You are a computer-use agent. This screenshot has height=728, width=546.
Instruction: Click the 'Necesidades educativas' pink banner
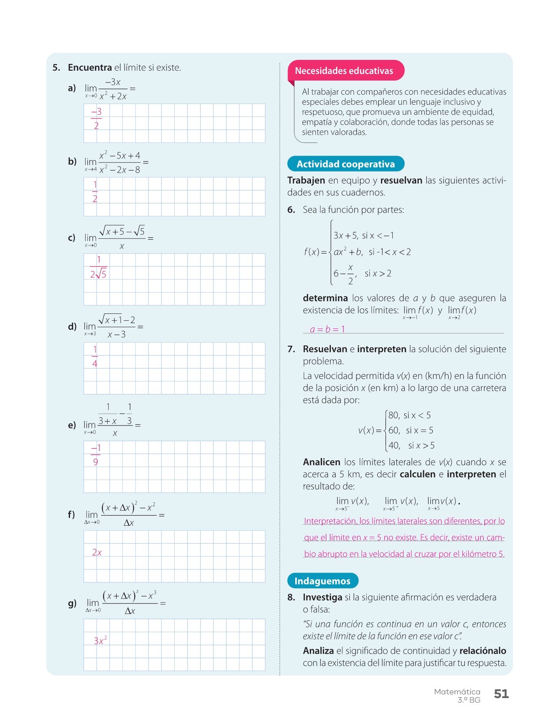point(344,71)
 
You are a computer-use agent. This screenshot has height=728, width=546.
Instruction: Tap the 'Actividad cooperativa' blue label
point(345,164)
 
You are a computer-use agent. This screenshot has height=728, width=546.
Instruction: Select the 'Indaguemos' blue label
point(322,581)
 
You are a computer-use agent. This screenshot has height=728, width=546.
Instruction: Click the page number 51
point(501,694)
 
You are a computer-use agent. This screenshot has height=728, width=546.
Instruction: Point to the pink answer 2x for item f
point(97,552)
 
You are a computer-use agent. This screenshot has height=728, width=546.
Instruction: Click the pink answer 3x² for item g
point(100,641)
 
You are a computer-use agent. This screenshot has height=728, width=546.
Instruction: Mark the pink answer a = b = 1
point(327,329)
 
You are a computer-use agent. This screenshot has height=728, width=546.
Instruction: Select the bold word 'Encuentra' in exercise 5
point(90,68)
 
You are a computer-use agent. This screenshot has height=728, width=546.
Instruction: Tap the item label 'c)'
point(72,238)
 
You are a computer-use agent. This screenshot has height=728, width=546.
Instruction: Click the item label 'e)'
point(72,425)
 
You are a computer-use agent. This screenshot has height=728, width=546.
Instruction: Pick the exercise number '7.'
point(291,349)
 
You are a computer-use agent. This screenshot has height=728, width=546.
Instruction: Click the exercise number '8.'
point(291,597)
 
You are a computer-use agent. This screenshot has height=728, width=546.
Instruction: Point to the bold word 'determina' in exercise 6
point(325,298)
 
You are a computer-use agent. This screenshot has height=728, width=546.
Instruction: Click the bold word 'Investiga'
point(322,597)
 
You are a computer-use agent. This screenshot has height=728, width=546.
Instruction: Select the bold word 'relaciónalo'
point(483,651)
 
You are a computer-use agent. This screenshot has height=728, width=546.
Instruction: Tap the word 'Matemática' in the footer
point(457,692)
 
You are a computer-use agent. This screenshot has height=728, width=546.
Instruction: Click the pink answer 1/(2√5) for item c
point(98,267)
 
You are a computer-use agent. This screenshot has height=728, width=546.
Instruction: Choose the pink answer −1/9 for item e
point(96,455)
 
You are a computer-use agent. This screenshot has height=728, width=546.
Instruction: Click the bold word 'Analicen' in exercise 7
point(322,462)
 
